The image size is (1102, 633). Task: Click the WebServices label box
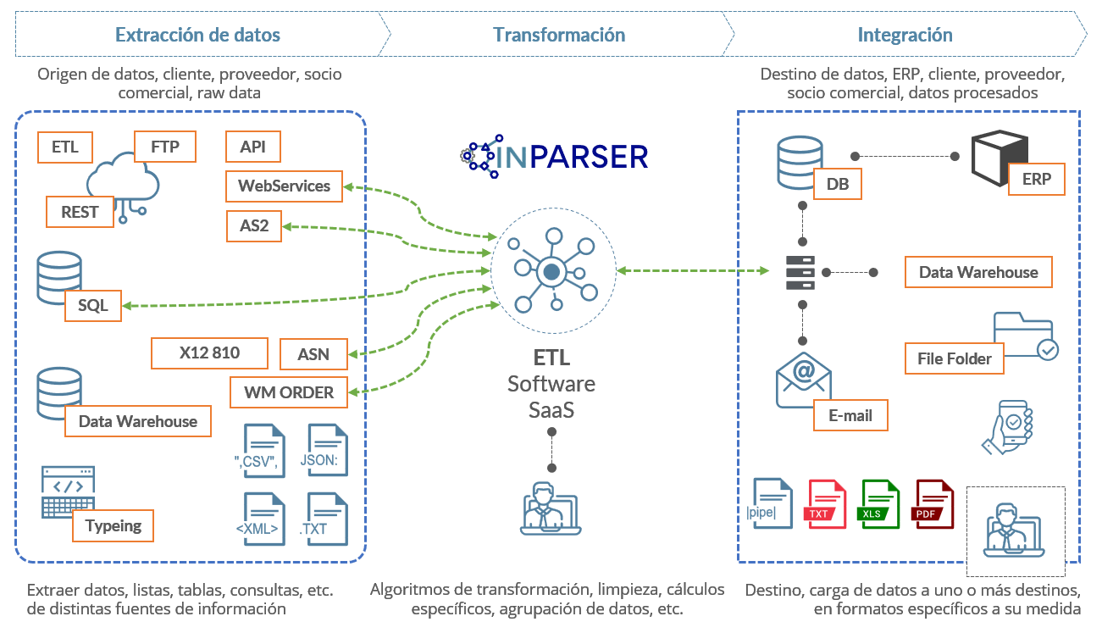coord(284,186)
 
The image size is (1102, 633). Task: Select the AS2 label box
coord(254,226)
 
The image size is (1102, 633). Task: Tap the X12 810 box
coord(209,353)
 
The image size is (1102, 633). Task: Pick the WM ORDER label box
coord(289,392)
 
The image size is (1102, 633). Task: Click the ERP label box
coord(1036,180)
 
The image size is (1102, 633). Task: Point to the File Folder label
coord(954,358)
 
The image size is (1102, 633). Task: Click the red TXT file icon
coord(826,504)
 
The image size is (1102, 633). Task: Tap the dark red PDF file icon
coord(933,504)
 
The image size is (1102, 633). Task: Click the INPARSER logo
coord(555,156)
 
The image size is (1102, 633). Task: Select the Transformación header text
coord(559,35)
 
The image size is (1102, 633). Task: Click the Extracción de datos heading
coord(197,35)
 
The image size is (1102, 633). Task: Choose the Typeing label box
coord(113,525)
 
